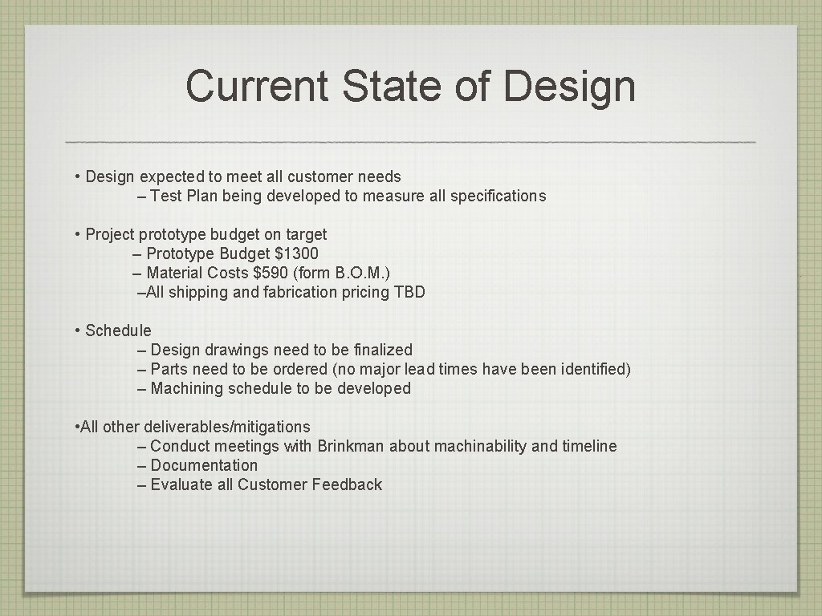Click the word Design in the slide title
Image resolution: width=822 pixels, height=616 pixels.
pos(571,87)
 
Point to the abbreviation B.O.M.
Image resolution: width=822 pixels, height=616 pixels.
pos(359,274)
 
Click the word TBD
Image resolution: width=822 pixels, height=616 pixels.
pos(409,293)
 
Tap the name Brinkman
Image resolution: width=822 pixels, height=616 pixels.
pos(351,447)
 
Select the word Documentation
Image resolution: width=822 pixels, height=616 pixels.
pos(204,466)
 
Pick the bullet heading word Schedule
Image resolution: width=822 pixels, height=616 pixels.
pos(118,331)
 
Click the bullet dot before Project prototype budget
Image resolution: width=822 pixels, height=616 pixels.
pos(77,235)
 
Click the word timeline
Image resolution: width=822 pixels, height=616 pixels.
pos(589,447)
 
